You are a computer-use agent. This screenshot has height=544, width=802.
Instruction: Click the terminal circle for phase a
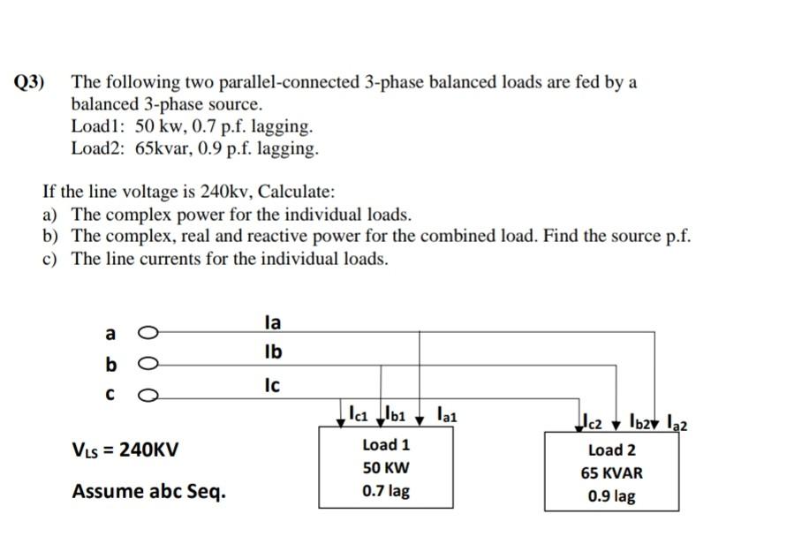(148, 333)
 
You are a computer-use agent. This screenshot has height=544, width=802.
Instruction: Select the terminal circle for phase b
(148, 363)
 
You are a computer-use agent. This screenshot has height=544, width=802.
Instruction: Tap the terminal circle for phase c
(148, 394)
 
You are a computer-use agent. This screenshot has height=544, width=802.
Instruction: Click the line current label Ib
(273, 352)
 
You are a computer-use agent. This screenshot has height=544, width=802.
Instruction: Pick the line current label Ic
(273, 385)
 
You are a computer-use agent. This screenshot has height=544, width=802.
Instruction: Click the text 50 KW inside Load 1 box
(386, 468)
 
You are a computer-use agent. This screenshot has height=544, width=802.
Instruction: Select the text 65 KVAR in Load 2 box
(612, 473)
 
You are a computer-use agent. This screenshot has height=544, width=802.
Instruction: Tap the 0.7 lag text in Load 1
(386, 491)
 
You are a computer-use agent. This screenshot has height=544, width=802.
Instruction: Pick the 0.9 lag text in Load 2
(612, 496)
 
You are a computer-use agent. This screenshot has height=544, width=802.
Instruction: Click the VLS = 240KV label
(125, 450)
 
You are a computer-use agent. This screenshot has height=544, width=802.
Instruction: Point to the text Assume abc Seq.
(148, 491)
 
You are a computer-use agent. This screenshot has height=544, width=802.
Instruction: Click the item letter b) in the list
(49, 237)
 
